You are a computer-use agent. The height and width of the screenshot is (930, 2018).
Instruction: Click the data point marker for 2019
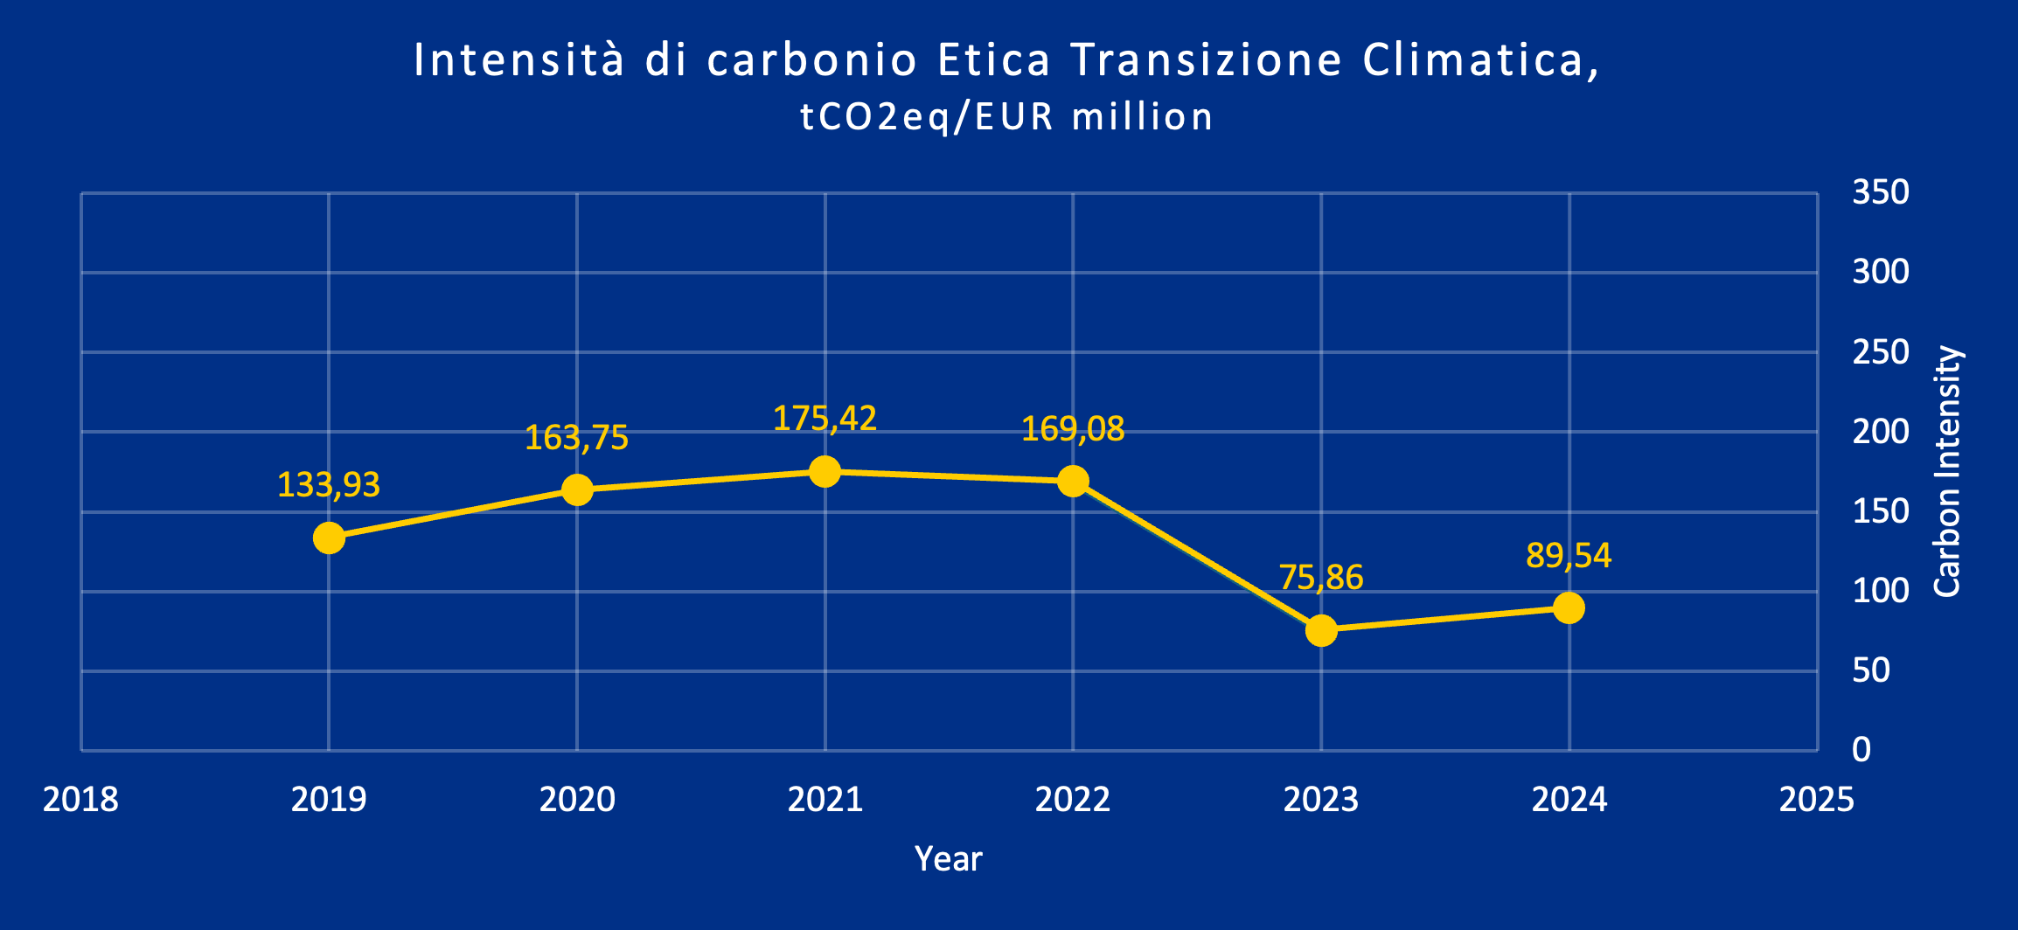(329, 538)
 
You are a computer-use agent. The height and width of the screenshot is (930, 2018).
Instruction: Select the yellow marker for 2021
(825, 472)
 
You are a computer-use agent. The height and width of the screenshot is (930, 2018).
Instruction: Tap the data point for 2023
(1321, 630)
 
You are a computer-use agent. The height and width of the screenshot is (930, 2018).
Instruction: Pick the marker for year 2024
(1569, 607)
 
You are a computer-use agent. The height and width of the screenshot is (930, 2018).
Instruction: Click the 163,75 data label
(576, 438)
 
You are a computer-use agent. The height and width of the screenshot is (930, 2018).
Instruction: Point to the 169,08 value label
(1073, 429)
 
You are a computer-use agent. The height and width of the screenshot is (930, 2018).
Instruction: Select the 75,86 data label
(1320, 578)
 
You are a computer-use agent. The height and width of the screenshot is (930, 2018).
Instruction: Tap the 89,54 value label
(1569, 556)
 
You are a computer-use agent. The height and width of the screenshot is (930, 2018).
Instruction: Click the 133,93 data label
(329, 485)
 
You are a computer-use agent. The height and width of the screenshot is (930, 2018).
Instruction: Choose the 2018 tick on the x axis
(80, 800)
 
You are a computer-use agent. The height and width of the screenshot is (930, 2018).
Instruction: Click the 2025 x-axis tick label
(1817, 800)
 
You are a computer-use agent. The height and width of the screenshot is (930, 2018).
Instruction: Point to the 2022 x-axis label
(1073, 800)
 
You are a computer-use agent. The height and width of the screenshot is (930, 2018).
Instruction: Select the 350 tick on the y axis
(1881, 192)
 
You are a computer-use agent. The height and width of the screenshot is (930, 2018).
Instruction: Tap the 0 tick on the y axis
(1861, 750)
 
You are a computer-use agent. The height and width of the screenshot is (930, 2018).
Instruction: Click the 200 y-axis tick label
(1881, 432)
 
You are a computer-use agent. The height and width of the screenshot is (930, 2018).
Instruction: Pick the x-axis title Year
(949, 859)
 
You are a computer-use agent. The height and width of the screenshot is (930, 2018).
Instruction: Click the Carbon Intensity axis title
(1948, 472)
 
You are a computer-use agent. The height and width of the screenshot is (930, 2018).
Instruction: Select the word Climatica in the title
(1480, 60)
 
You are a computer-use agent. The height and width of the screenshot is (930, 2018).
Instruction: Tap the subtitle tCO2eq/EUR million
(1007, 117)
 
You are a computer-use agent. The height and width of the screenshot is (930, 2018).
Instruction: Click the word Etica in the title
(994, 60)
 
